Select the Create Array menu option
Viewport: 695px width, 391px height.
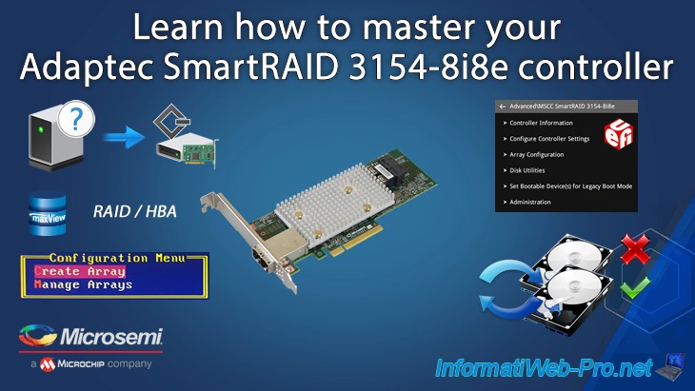point(79,271)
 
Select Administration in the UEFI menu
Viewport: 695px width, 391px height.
point(530,202)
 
